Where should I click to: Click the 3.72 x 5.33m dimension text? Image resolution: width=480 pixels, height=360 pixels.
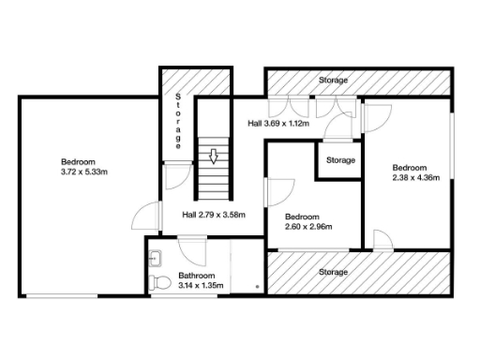tap(85, 172)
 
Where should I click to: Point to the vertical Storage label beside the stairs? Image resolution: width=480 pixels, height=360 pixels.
tap(178, 120)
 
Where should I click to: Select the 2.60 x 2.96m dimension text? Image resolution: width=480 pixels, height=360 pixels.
tap(308, 226)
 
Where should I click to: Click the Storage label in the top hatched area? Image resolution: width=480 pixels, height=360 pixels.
tap(333, 81)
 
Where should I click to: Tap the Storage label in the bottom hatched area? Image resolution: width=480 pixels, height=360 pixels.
tap(333, 272)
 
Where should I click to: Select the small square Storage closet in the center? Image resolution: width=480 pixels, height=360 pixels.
tap(340, 160)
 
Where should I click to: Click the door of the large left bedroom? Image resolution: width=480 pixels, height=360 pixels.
tap(141, 217)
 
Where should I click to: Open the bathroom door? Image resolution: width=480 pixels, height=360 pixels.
tap(190, 247)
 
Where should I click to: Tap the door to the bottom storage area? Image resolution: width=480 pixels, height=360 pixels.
tap(382, 240)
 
